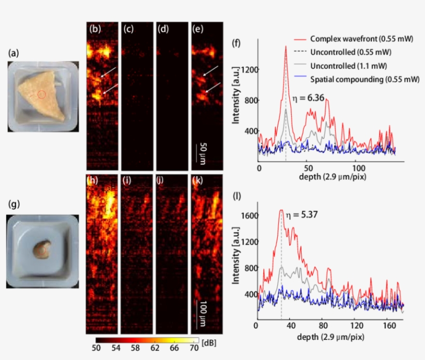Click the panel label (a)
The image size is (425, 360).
pyautogui.click(x=15, y=52)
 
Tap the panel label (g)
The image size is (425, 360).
pyautogui.click(x=15, y=204)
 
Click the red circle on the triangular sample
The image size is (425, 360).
pyautogui.click(x=42, y=94)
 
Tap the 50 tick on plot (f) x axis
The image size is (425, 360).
pyautogui.click(x=308, y=169)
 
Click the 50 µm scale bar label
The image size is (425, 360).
pyautogui.click(x=203, y=153)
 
